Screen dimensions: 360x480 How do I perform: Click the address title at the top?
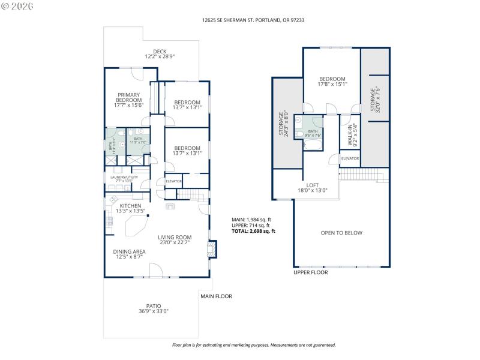tap(240, 20)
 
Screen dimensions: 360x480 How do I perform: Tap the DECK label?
tap(159, 52)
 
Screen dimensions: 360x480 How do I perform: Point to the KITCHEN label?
tap(130, 206)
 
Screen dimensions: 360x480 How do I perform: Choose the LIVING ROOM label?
tap(175, 237)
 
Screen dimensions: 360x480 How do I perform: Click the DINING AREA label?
tap(130, 251)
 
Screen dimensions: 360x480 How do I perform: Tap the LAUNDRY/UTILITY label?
tap(124, 178)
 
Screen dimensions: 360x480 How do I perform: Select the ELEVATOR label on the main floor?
tap(174, 181)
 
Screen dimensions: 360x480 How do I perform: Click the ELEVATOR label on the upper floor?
tap(350, 158)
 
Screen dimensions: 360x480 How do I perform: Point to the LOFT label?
tap(312, 185)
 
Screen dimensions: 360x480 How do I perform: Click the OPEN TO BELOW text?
tap(341, 233)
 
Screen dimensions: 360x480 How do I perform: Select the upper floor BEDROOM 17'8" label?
tap(332, 79)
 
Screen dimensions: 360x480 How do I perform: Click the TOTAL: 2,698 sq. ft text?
tap(253, 231)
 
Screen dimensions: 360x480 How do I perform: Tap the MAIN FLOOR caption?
tap(216, 296)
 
